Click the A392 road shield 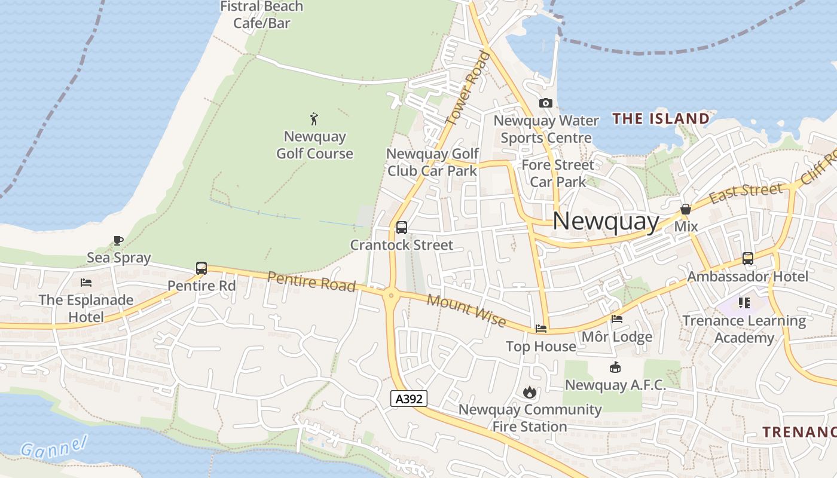[x=409, y=399]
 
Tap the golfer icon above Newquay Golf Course [x=314, y=119]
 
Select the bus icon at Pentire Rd [x=201, y=268]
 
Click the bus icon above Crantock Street [x=402, y=228]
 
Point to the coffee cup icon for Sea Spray [x=118, y=241]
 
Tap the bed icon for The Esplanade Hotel [x=86, y=282]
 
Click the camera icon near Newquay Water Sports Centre [x=545, y=103]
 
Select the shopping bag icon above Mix [x=686, y=210]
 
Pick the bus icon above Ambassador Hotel [x=748, y=259]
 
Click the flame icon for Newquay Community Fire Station [x=529, y=392]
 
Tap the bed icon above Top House [x=541, y=329]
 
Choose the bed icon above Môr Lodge [x=617, y=319]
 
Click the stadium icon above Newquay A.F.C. [x=615, y=367]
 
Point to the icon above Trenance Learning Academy [x=744, y=303]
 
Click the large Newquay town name [x=606, y=222]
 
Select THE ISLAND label [x=661, y=118]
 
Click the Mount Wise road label [x=467, y=310]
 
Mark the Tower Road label [x=468, y=88]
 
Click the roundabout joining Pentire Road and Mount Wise [x=391, y=294]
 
